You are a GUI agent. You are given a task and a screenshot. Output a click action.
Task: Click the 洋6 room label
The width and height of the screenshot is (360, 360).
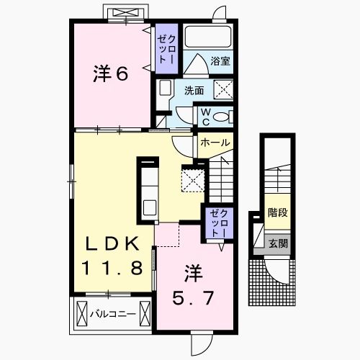pyautogui.click(x=111, y=73)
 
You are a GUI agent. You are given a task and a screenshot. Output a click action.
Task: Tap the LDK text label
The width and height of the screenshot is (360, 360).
pyautogui.click(x=113, y=243)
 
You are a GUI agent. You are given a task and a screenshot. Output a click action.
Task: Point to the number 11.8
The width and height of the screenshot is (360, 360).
pyautogui.click(x=112, y=268)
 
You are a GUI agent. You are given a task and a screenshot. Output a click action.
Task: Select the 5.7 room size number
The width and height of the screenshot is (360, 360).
pyautogui.click(x=193, y=297)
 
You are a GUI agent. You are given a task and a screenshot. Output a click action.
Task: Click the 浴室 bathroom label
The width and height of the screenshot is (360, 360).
pyautogui.click(x=220, y=61)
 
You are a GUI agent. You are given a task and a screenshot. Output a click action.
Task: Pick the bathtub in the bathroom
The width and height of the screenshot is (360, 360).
pyautogui.click(x=208, y=37)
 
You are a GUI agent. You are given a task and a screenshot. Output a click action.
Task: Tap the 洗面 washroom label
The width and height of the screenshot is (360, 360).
pyautogui.click(x=194, y=91)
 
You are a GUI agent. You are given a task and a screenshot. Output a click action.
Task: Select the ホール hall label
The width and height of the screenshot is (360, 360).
pyautogui.click(x=215, y=143)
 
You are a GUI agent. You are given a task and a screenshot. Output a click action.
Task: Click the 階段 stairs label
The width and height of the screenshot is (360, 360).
pyautogui.click(x=278, y=212)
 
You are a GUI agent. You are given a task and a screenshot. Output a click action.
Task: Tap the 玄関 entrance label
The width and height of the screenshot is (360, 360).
pyautogui.click(x=278, y=244)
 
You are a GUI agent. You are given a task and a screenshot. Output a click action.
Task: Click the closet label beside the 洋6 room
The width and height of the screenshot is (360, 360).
pyautogui.click(x=166, y=49)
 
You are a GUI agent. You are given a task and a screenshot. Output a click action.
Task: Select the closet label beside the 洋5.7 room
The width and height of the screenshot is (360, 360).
pyautogui.click(x=218, y=223)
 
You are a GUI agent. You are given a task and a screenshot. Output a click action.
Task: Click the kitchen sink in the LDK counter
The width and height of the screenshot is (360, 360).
pyautogui.click(x=149, y=208)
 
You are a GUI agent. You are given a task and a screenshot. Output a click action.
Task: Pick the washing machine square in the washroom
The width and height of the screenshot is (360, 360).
pyautogui.click(x=223, y=90)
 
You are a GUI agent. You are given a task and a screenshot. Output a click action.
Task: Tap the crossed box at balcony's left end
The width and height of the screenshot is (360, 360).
pyautogui.click(x=81, y=313)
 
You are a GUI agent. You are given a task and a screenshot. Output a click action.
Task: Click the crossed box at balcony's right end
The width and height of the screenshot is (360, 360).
pyautogui.click(x=145, y=313)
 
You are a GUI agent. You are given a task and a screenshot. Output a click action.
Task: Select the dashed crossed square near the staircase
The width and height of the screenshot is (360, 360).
pyautogui.click(x=193, y=180)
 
